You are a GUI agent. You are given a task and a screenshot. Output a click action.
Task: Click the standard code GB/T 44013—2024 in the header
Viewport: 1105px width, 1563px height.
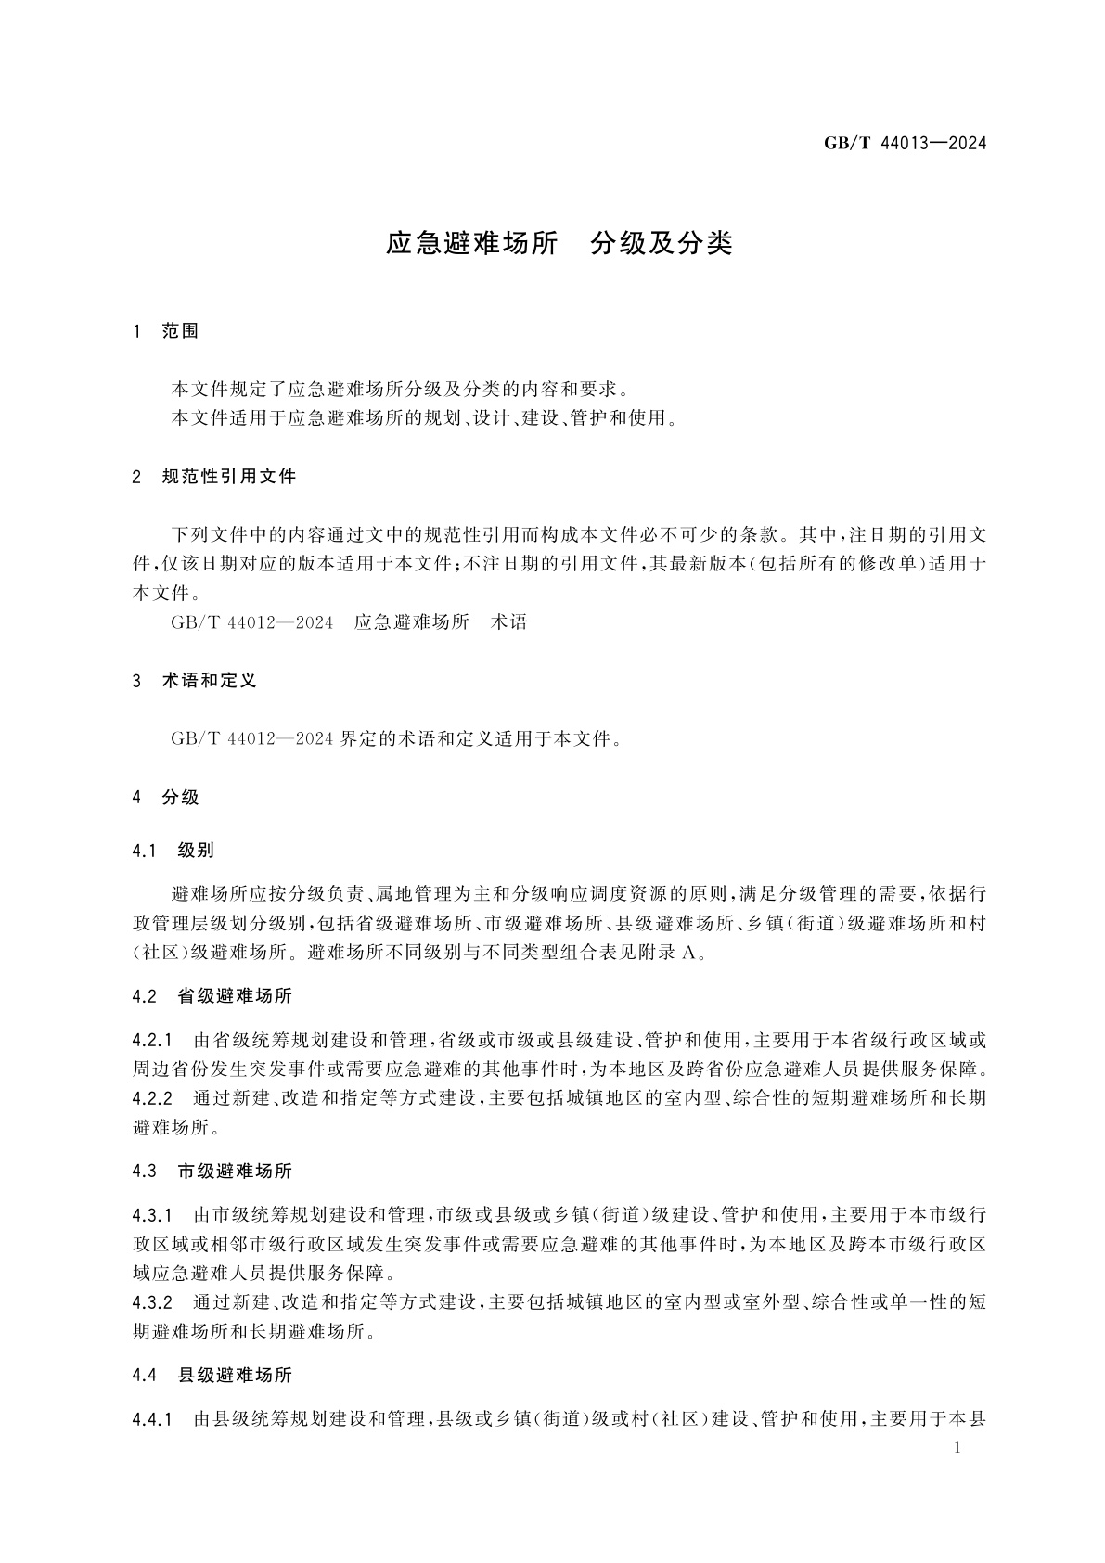pos(905,144)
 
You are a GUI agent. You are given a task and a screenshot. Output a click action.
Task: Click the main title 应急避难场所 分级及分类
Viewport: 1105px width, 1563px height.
pos(559,244)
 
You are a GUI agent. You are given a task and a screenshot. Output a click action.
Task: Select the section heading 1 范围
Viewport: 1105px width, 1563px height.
pos(167,331)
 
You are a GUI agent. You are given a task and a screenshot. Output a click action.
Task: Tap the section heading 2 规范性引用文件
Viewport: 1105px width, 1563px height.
pos(215,477)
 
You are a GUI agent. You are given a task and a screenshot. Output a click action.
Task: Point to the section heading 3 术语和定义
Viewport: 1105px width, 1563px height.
pos(195,681)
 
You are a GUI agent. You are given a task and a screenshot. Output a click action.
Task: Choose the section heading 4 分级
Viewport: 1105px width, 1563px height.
pos(167,797)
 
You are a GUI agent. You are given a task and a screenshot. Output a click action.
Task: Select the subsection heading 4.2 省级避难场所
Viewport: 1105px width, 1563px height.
pos(212,996)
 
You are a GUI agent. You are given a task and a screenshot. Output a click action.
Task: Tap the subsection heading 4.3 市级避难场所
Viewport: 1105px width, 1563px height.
pos(212,1172)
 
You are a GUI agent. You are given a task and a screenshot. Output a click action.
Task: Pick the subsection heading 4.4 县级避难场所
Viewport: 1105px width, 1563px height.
pos(212,1375)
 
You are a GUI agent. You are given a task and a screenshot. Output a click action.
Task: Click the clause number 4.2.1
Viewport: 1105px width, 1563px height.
pos(153,1039)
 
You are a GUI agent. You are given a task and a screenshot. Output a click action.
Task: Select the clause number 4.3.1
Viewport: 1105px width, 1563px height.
pos(153,1214)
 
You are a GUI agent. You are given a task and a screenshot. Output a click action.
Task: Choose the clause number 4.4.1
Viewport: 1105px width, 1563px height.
pos(153,1418)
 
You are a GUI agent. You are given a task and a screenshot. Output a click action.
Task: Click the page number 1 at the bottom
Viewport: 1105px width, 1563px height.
pos(957,1450)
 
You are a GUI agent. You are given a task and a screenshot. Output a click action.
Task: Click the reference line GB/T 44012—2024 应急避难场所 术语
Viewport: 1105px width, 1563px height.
pos(349,622)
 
